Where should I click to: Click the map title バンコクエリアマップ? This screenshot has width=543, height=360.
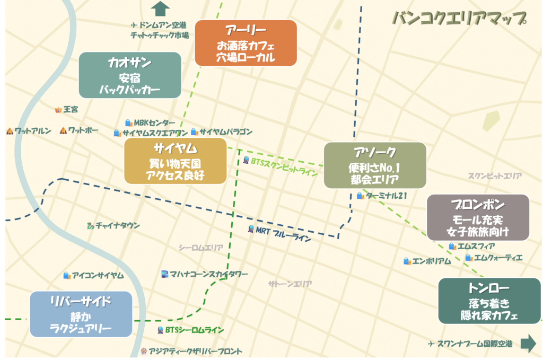[x=459, y=19]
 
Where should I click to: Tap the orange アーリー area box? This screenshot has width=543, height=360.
[x=245, y=43]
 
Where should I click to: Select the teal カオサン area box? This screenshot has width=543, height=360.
[x=130, y=75]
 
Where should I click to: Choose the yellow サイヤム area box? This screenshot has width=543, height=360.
[x=175, y=161]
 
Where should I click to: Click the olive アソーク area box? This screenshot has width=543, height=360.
[x=375, y=165]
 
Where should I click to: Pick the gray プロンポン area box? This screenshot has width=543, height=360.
[x=478, y=217]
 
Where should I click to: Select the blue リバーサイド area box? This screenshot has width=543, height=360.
[x=81, y=314]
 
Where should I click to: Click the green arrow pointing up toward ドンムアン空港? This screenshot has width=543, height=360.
[x=160, y=9]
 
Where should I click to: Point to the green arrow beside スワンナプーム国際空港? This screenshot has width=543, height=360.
[x=528, y=344]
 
